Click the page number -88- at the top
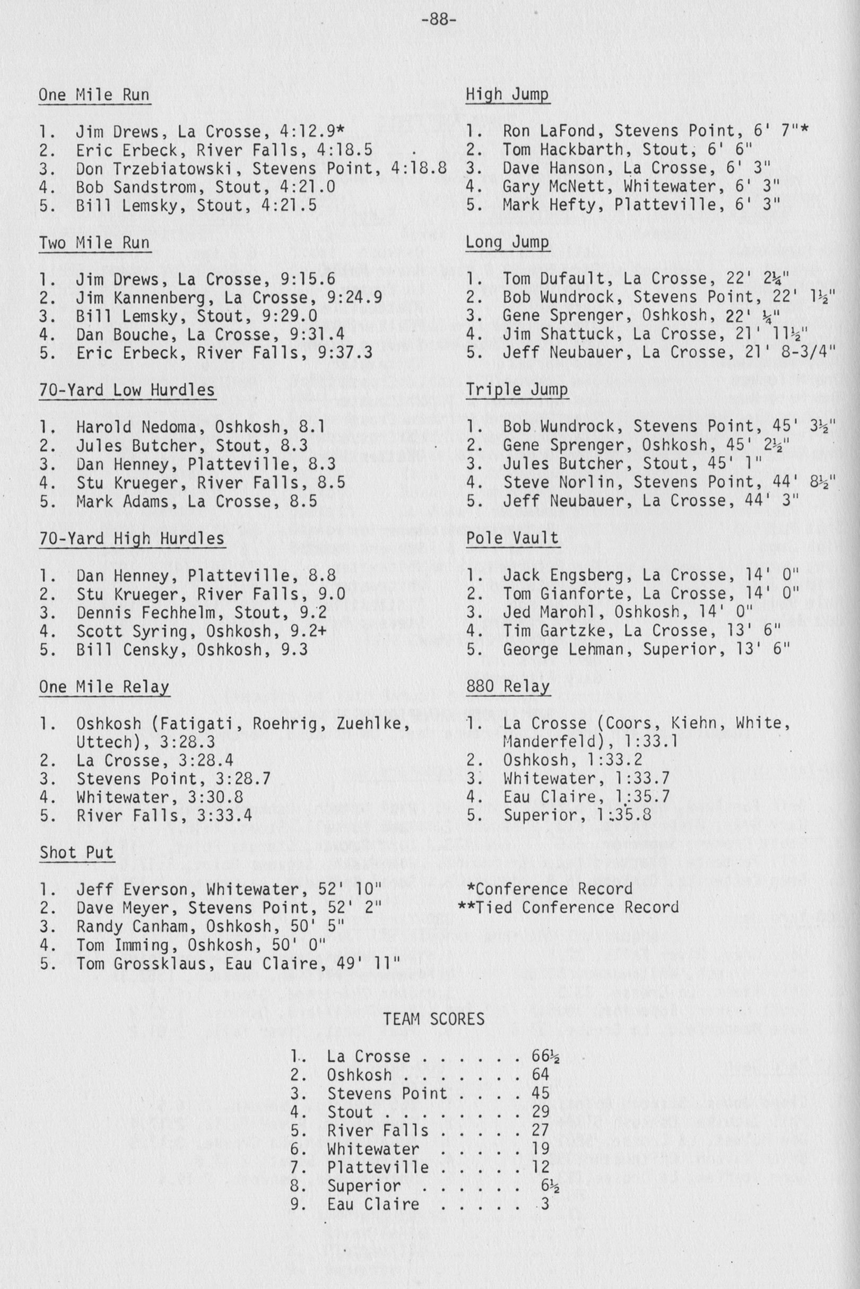(439, 20)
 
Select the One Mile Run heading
(94, 95)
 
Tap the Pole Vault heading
(512, 538)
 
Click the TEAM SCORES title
(433, 1019)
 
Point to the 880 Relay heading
(507, 686)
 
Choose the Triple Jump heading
(517, 390)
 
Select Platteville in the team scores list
(378, 1167)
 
